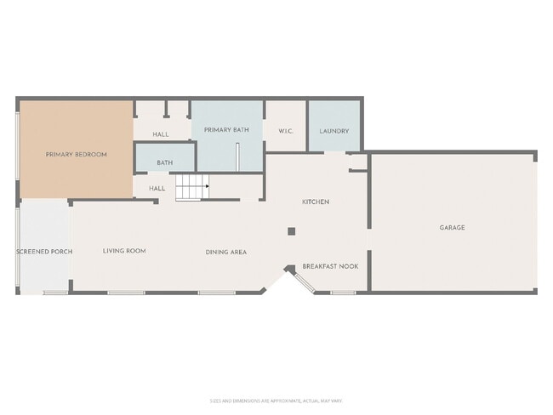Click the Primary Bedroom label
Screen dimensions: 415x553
76,154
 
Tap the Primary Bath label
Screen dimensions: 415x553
226,130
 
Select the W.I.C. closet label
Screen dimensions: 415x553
286,131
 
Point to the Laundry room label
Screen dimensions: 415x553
334,131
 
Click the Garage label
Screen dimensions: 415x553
452,227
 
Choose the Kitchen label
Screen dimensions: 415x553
316,202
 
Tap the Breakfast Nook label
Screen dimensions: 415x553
330,266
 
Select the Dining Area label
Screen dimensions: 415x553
226,252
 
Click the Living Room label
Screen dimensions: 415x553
124,251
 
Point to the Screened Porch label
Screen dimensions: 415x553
44,252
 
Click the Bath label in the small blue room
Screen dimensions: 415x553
165,162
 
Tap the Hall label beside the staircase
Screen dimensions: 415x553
157,188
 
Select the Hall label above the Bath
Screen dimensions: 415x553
161,134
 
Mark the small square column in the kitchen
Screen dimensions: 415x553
291,230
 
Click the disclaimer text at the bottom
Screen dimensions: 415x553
276,401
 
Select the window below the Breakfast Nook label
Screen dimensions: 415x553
343,293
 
